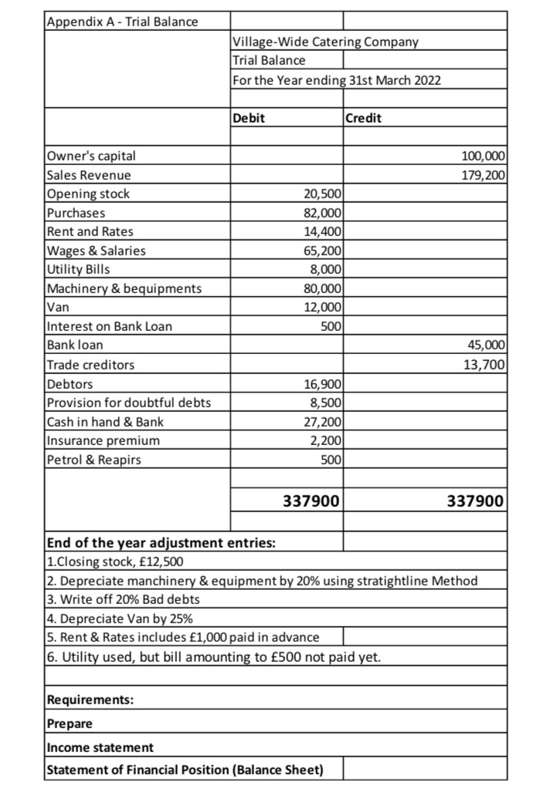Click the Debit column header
(x=249, y=119)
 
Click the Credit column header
(x=363, y=119)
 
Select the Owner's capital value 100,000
(x=484, y=157)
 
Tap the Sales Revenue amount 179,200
(x=484, y=175)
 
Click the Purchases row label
(x=76, y=212)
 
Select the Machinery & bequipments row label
(x=124, y=288)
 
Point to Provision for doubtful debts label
(x=129, y=402)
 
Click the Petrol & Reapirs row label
(x=94, y=460)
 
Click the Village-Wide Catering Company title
(x=325, y=42)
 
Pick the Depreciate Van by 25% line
(x=120, y=618)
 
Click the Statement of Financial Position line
(x=185, y=770)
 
